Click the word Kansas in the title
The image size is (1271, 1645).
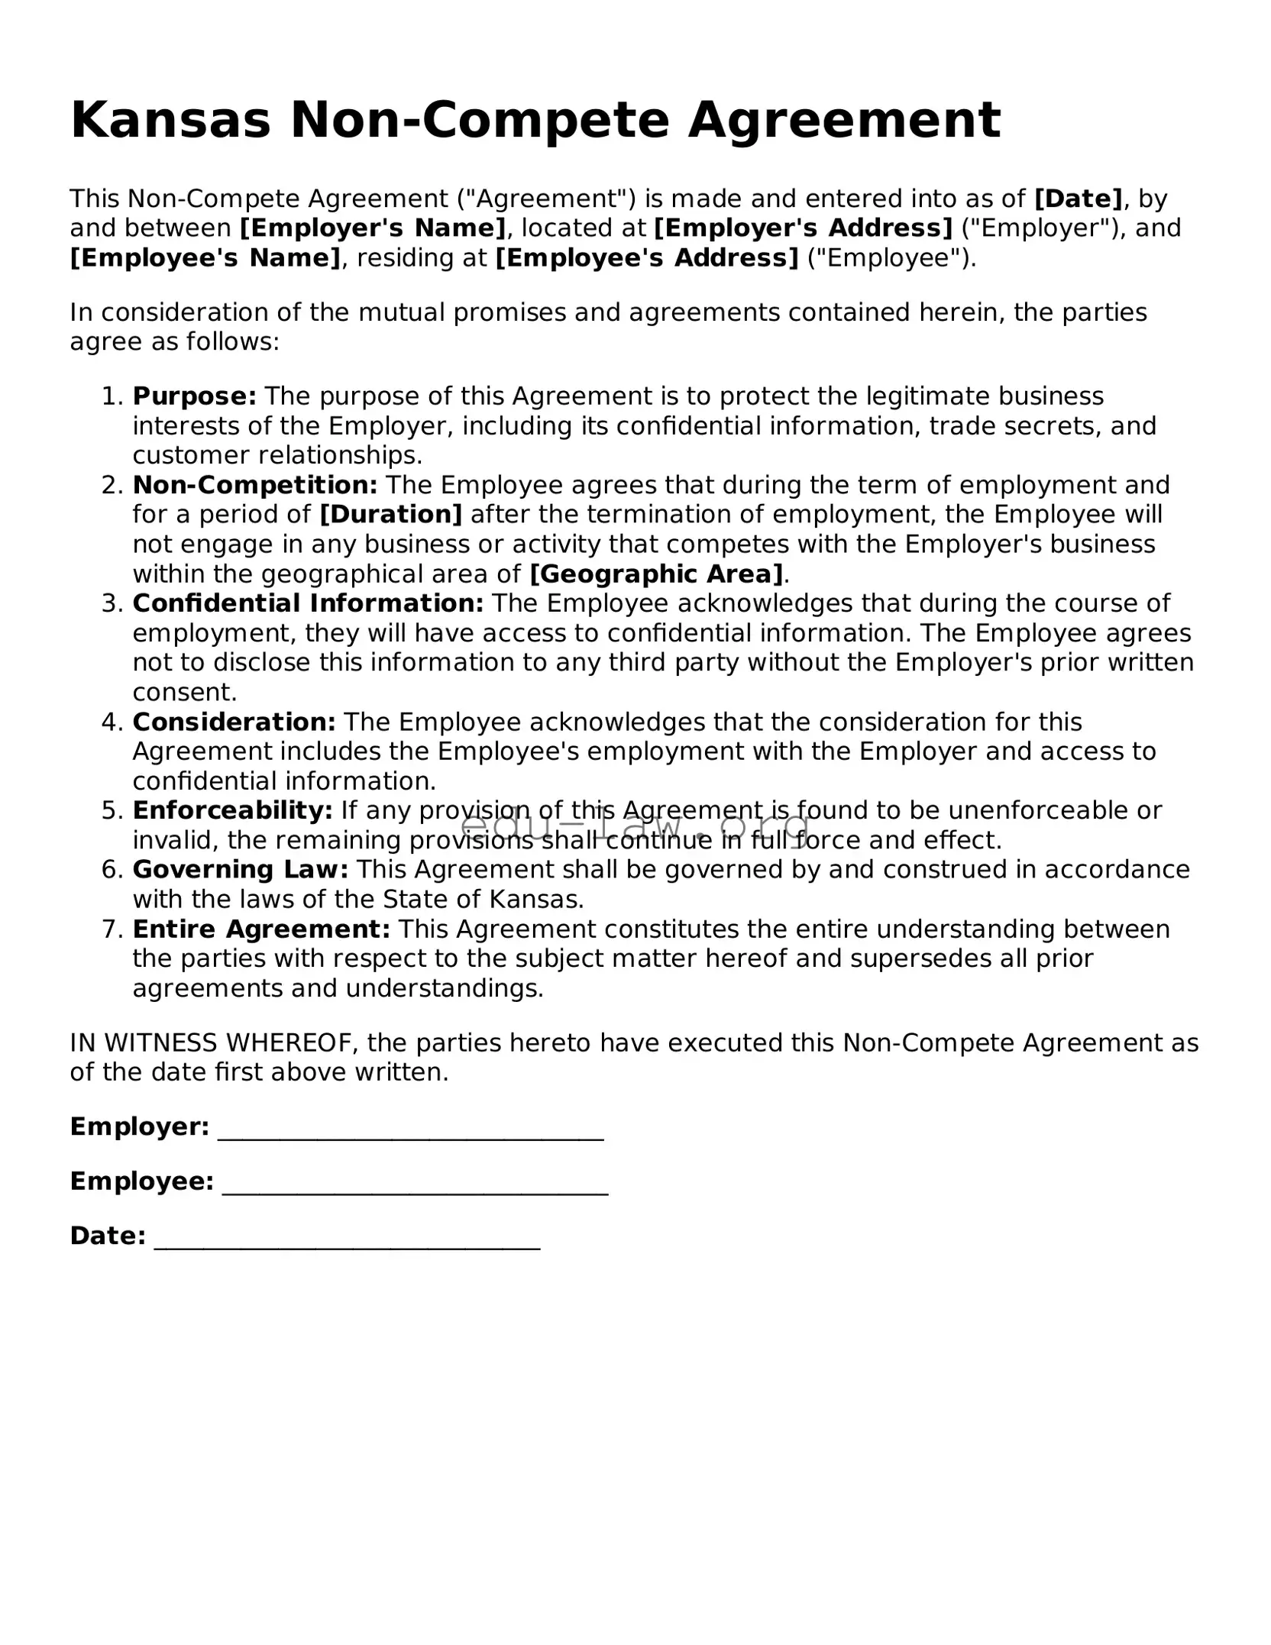[x=170, y=121]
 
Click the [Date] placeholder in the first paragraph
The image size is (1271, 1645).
[x=1078, y=199]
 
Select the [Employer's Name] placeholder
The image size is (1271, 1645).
[x=373, y=228]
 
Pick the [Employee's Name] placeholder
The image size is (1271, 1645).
[x=205, y=258]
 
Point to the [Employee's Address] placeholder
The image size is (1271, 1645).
[x=647, y=258]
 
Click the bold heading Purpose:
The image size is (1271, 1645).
[x=194, y=396]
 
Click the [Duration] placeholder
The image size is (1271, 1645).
[x=391, y=515]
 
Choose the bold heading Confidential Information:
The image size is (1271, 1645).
[x=308, y=603]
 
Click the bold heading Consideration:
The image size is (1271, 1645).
[x=234, y=722]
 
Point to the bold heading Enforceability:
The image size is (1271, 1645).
[x=232, y=810]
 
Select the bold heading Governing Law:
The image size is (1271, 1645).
[x=241, y=870]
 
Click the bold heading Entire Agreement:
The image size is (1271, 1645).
[x=261, y=929]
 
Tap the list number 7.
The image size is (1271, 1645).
[x=112, y=929]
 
